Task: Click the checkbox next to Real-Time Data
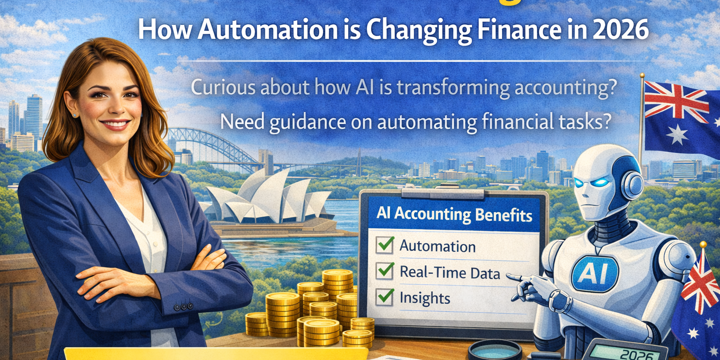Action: [385, 270]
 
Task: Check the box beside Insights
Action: [385, 296]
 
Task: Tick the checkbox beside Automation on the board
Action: [385, 244]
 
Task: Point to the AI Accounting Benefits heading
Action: [454, 215]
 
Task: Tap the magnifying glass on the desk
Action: [494, 350]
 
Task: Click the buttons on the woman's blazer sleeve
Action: [183, 307]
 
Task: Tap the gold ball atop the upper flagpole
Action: [641, 75]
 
